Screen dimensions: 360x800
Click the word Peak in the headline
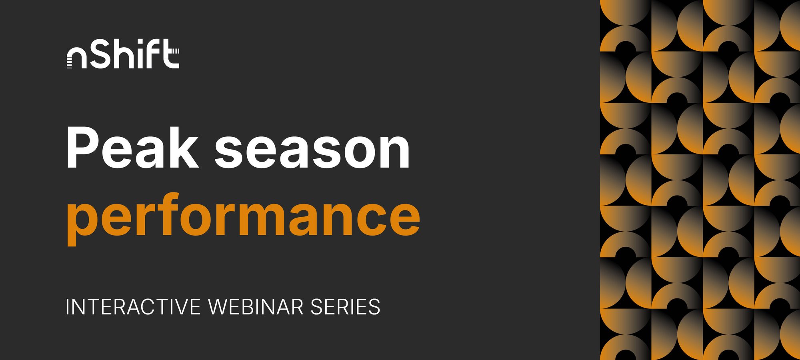[132, 148]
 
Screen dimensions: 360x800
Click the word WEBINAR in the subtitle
[256, 307]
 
